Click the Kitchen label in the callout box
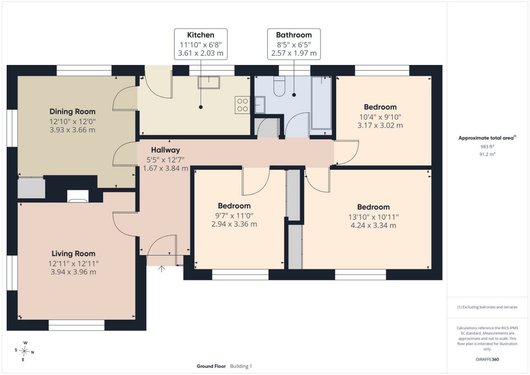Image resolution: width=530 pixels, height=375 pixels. (201, 35)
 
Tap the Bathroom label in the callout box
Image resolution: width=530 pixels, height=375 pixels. (294, 35)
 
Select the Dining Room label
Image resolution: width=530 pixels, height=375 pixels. (72, 111)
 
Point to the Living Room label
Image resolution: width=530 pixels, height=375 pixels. (73, 253)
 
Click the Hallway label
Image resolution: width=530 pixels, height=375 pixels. (165, 150)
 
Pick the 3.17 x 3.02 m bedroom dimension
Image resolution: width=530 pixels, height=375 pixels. (380, 125)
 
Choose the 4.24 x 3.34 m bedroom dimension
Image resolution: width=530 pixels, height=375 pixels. (373, 225)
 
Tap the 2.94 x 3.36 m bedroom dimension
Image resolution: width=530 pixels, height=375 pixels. (234, 224)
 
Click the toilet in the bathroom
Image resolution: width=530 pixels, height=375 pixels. (279, 86)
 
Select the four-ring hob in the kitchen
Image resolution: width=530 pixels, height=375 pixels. (243, 105)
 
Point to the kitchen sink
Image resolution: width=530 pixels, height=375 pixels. (209, 82)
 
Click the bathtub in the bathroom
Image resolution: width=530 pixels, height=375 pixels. (322, 103)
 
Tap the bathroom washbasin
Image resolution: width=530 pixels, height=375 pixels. (260, 105)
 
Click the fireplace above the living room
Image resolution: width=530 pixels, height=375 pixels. (78, 196)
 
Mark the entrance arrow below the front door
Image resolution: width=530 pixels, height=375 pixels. (161, 269)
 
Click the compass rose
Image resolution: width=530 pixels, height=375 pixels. (24, 351)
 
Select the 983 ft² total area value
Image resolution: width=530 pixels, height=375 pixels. (487, 147)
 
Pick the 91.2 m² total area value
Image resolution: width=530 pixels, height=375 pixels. (487, 154)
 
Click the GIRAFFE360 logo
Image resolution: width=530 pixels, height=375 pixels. (487, 359)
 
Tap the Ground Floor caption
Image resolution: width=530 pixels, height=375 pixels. (211, 366)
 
